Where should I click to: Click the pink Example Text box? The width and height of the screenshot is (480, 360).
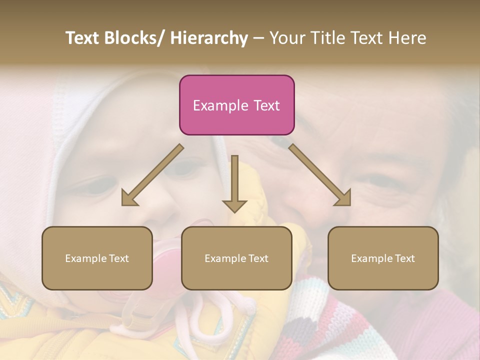tap(236, 105)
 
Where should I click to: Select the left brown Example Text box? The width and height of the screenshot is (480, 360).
tap(97, 258)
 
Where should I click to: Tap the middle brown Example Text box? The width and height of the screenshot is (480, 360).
tap(236, 258)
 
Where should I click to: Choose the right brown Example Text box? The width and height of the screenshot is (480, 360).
tap(383, 258)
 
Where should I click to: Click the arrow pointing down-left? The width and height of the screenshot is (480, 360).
tap(152, 175)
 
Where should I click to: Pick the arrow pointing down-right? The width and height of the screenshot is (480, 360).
tap(320, 175)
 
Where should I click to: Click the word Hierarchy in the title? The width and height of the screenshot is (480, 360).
tap(209, 38)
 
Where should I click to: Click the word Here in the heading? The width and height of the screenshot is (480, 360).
tap(405, 38)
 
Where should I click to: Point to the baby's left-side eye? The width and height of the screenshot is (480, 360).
tap(90, 187)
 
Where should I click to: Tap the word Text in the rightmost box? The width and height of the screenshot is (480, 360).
tap(404, 258)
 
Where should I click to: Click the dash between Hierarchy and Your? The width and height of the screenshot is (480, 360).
tap(258, 38)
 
